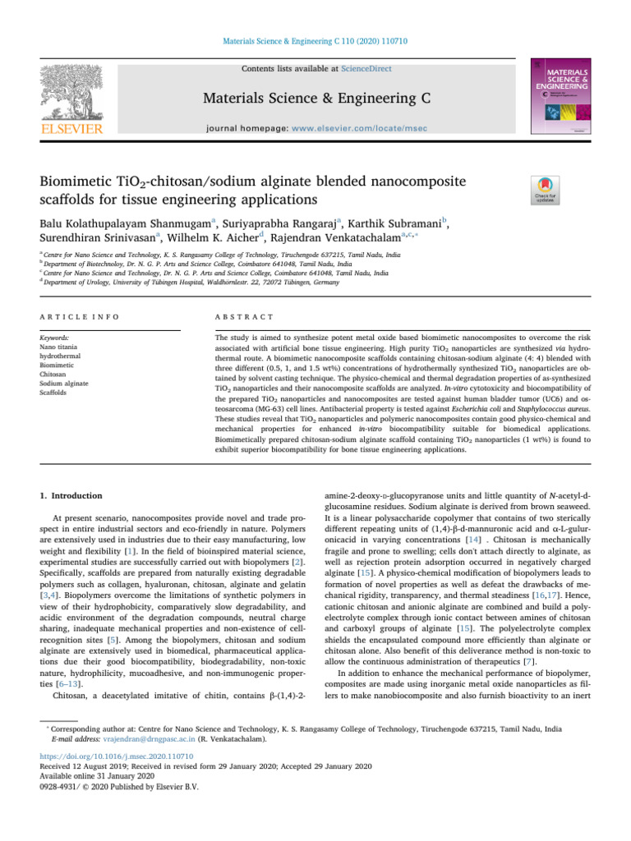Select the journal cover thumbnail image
click(x=561, y=97)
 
